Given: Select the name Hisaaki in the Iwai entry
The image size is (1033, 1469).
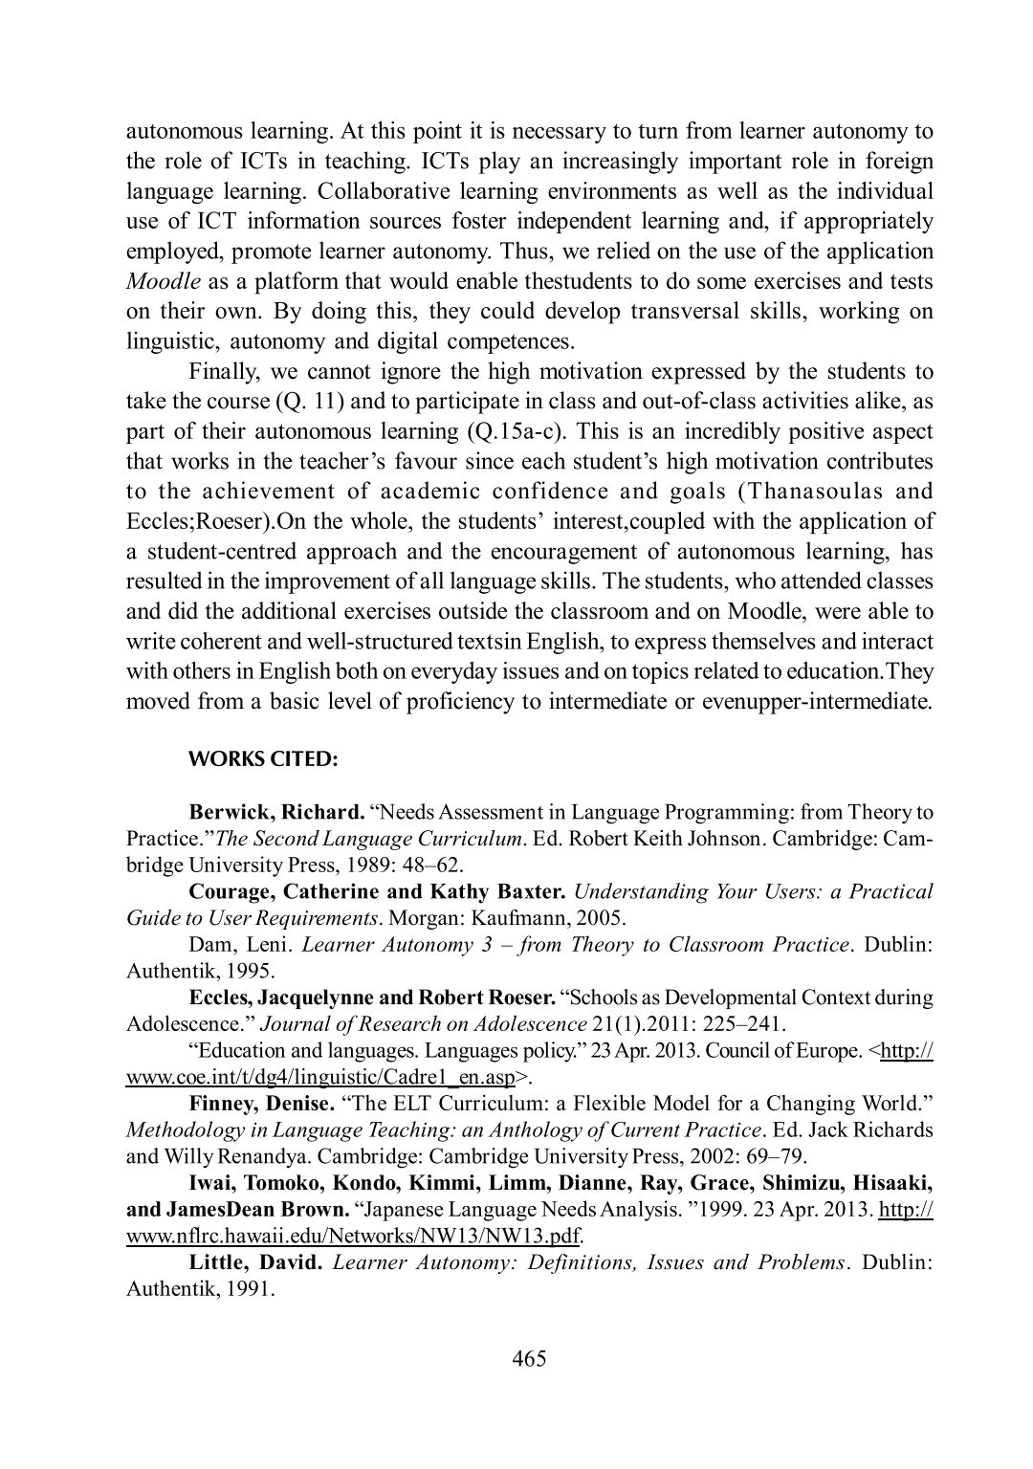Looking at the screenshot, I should [x=890, y=1182].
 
